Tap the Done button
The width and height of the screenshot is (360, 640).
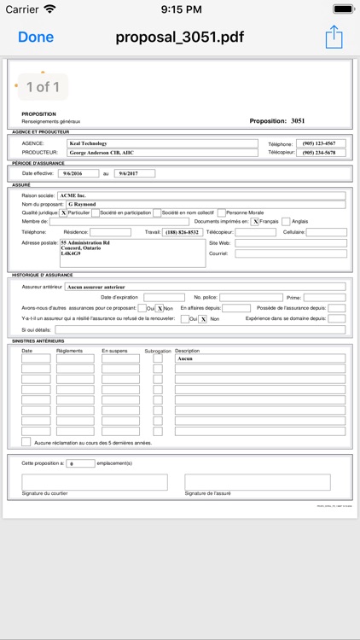click(x=36, y=37)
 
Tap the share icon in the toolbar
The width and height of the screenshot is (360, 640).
click(x=333, y=37)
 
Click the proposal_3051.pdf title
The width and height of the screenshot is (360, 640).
click(x=181, y=37)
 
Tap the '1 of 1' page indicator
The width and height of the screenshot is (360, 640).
click(x=43, y=87)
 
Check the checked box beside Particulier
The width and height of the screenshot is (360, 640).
click(x=63, y=212)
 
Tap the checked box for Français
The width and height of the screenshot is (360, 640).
click(x=255, y=222)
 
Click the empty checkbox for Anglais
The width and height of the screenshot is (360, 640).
click(x=286, y=222)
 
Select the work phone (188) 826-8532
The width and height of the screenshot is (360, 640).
click(x=183, y=232)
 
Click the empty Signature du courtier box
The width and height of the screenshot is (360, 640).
click(x=95, y=482)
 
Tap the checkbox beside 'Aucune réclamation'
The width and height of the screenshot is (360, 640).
click(x=26, y=442)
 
